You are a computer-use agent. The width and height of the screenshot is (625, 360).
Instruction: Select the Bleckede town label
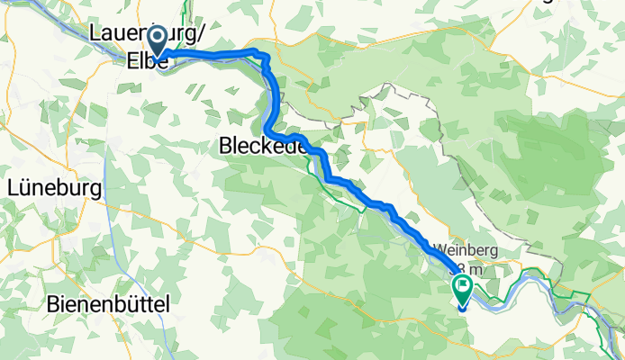coord(260,145)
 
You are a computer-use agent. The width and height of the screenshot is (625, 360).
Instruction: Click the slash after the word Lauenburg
coord(202,33)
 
